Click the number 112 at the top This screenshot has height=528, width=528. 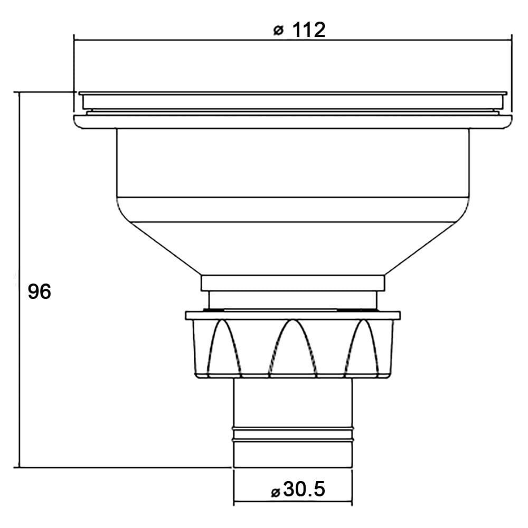[x=308, y=30]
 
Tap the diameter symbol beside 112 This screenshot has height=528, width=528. [x=278, y=31]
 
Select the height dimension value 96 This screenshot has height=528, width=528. [x=39, y=291]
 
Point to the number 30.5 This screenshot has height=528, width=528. [x=304, y=490]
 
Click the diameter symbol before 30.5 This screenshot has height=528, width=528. [x=275, y=492]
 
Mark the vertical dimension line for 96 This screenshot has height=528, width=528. [x=20, y=238]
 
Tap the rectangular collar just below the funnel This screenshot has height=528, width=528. [x=293, y=283]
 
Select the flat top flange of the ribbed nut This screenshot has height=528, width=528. [x=293, y=315]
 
